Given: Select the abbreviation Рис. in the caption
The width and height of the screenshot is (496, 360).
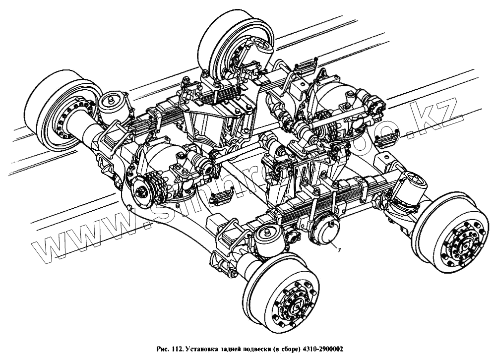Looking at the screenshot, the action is click(159, 349).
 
